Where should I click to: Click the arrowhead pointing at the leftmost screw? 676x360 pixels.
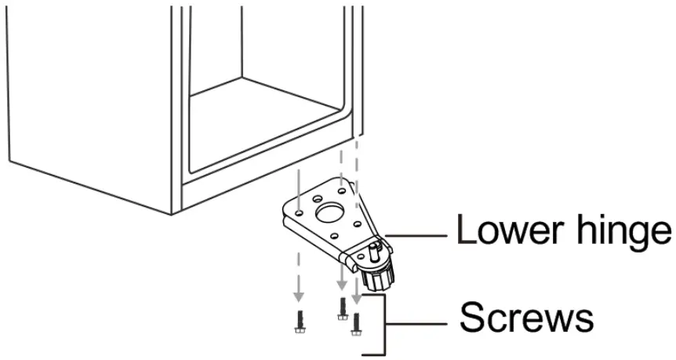click(299, 297)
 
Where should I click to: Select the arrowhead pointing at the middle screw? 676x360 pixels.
click(341, 286)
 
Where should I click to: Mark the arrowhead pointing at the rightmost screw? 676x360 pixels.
click(357, 298)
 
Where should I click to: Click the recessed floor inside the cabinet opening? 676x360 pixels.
click(267, 118)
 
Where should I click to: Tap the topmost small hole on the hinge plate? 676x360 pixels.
click(340, 189)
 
